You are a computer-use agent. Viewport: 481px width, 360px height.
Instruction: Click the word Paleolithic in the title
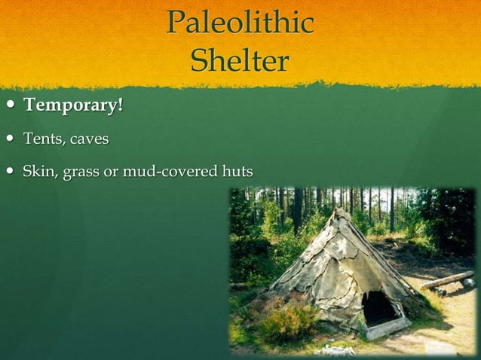tap(240, 23)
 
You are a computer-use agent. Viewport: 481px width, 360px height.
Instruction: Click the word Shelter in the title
tap(240, 60)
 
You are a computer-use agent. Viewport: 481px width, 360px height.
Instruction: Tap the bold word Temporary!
tap(73, 105)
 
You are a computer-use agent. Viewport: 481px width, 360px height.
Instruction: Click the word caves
tap(90, 140)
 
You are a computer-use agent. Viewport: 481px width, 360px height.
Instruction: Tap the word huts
tap(235, 173)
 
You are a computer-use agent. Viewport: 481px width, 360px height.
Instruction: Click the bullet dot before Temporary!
tap(9, 106)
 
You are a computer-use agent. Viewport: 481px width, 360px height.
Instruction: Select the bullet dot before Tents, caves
tap(9, 140)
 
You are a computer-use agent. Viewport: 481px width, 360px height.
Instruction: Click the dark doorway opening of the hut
tap(379, 308)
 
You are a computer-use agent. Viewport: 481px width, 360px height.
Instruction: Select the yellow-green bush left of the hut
tap(286, 320)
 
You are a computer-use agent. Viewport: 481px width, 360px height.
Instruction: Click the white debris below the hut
tap(335, 350)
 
